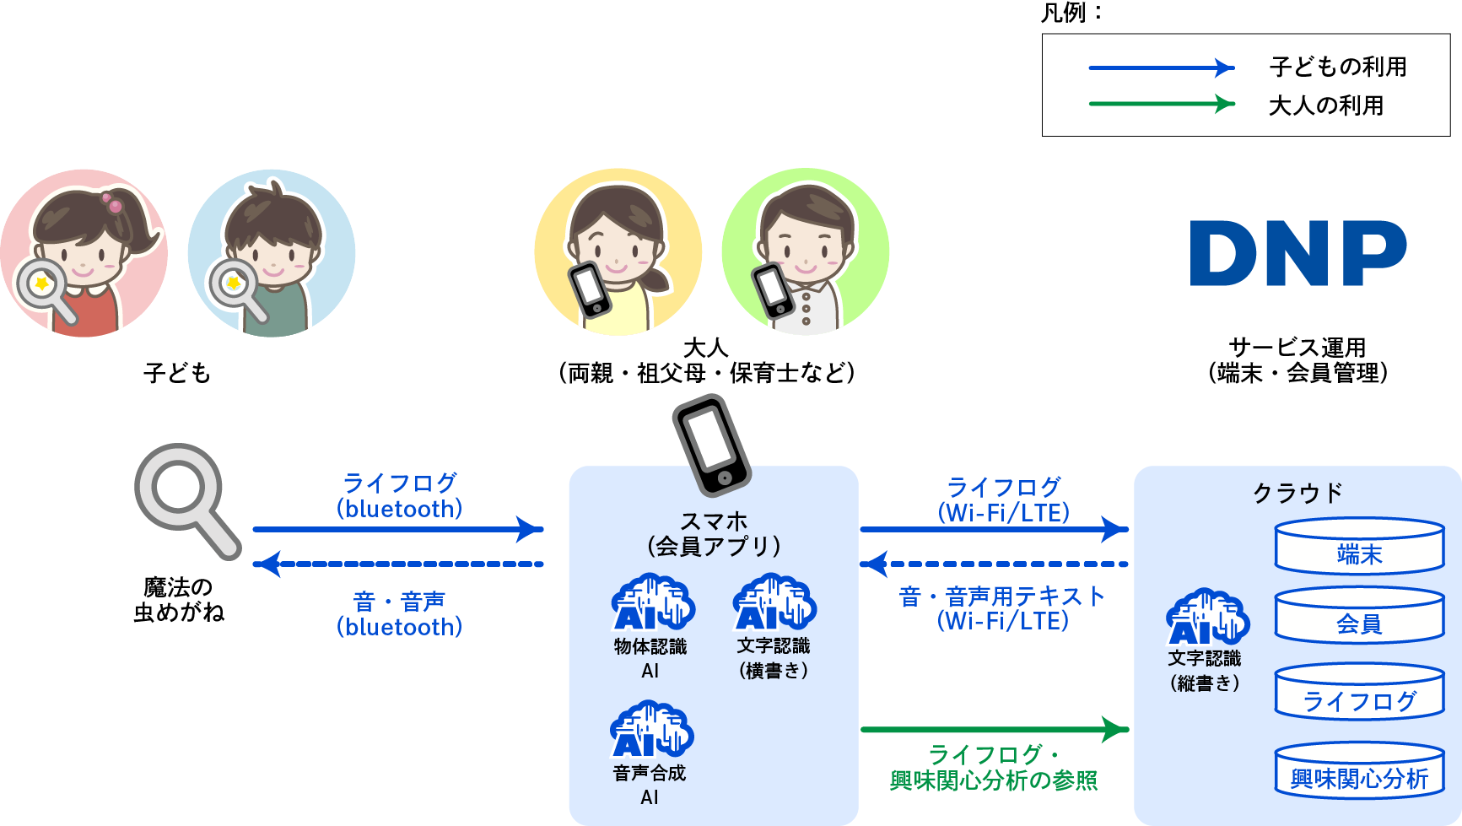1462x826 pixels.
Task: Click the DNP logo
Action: coord(1297,253)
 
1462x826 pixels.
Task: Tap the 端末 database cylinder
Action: coord(1359,546)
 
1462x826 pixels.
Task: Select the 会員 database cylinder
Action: coord(1359,615)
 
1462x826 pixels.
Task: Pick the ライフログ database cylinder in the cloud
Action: coord(1359,692)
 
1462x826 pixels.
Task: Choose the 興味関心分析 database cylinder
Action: coord(1359,769)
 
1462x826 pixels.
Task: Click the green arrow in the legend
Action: coord(1162,104)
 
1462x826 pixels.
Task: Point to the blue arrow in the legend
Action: coord(1162,67)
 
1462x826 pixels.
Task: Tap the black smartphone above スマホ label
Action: coord(712,445)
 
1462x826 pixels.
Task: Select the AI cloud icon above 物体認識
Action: coord(653,602)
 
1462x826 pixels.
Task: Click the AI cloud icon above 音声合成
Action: coord(652,729)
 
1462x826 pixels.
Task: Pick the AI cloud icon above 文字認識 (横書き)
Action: coord(774,602)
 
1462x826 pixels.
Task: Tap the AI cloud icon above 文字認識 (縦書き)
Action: coord(1207,617)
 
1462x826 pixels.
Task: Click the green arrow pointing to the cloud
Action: coord(995,729)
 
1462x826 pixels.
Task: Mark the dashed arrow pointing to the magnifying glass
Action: coord(398,564)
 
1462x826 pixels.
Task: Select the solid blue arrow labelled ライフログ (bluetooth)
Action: coord(398,529)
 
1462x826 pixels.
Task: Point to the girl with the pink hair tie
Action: coord(84,254)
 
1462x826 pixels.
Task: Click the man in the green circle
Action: coord(806,251)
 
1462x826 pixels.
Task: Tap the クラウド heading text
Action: coord(1297,493)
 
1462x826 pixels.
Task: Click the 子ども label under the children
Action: coord(177,373)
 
